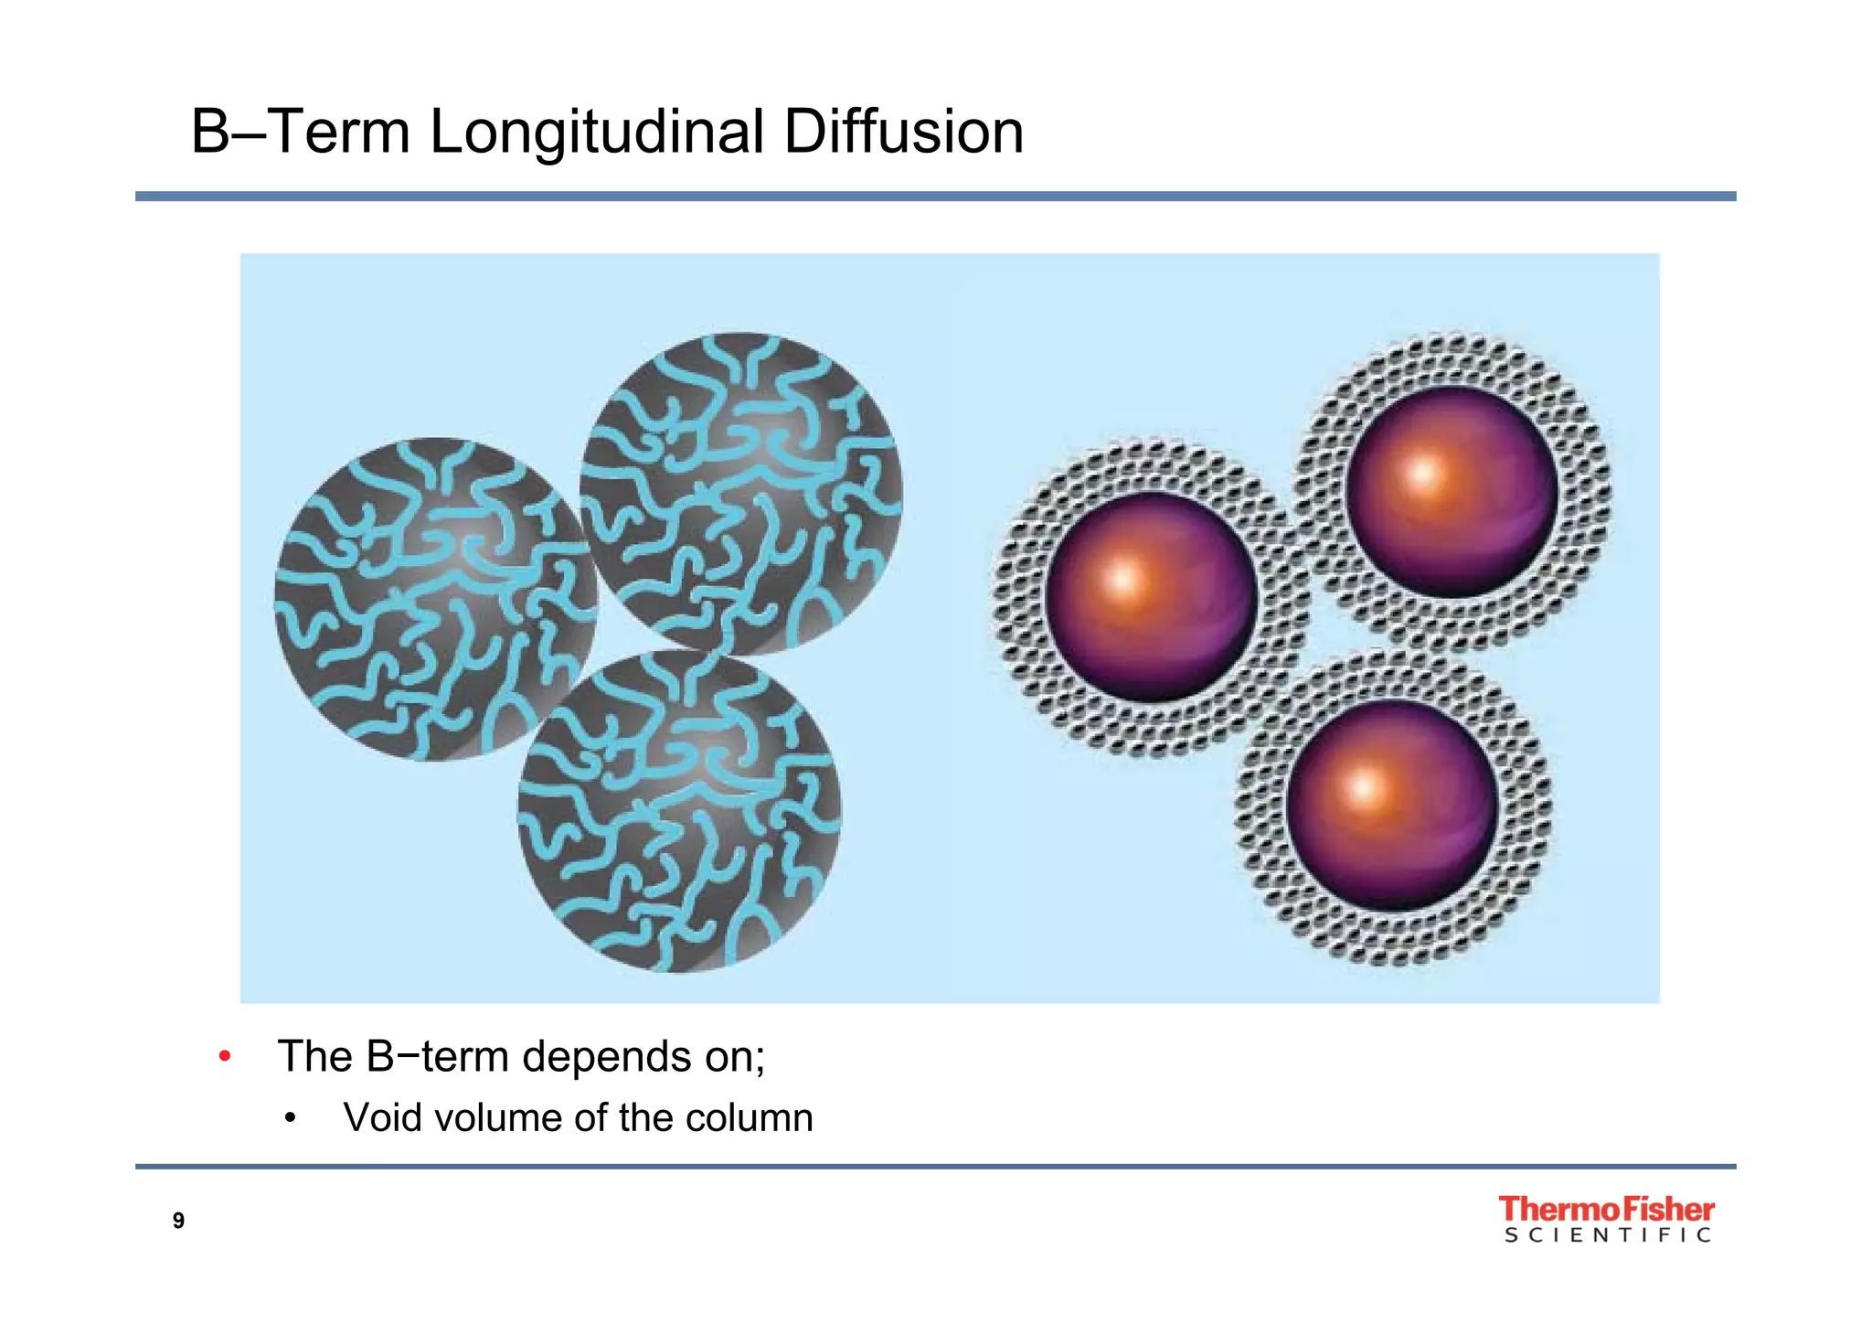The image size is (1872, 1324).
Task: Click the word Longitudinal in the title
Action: (x=596, y=133)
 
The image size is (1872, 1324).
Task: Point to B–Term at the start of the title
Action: (x=300, y=132)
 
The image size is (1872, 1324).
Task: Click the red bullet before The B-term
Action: (x=225, y=1058)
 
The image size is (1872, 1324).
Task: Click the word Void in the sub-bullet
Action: (x=379, y=1117)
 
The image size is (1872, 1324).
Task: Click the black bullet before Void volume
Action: (x=290, y=1118)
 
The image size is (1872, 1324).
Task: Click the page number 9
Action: (x=178, y=1221)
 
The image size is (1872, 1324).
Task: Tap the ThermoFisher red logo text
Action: (x=1606, y=1209)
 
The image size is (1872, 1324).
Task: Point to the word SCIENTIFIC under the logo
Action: (x=1607, y=1235)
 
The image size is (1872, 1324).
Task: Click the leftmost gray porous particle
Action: (x=436, y=600)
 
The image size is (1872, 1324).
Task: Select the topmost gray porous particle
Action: (x=741, y=494)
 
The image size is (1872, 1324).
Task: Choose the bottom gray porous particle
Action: (x=679, y=812)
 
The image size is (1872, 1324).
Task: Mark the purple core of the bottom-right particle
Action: (x=1391, y=805)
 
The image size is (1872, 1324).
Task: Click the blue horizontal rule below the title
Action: (x=935, y=197)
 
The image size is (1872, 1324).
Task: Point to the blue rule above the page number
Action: (x=935, y=1167)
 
